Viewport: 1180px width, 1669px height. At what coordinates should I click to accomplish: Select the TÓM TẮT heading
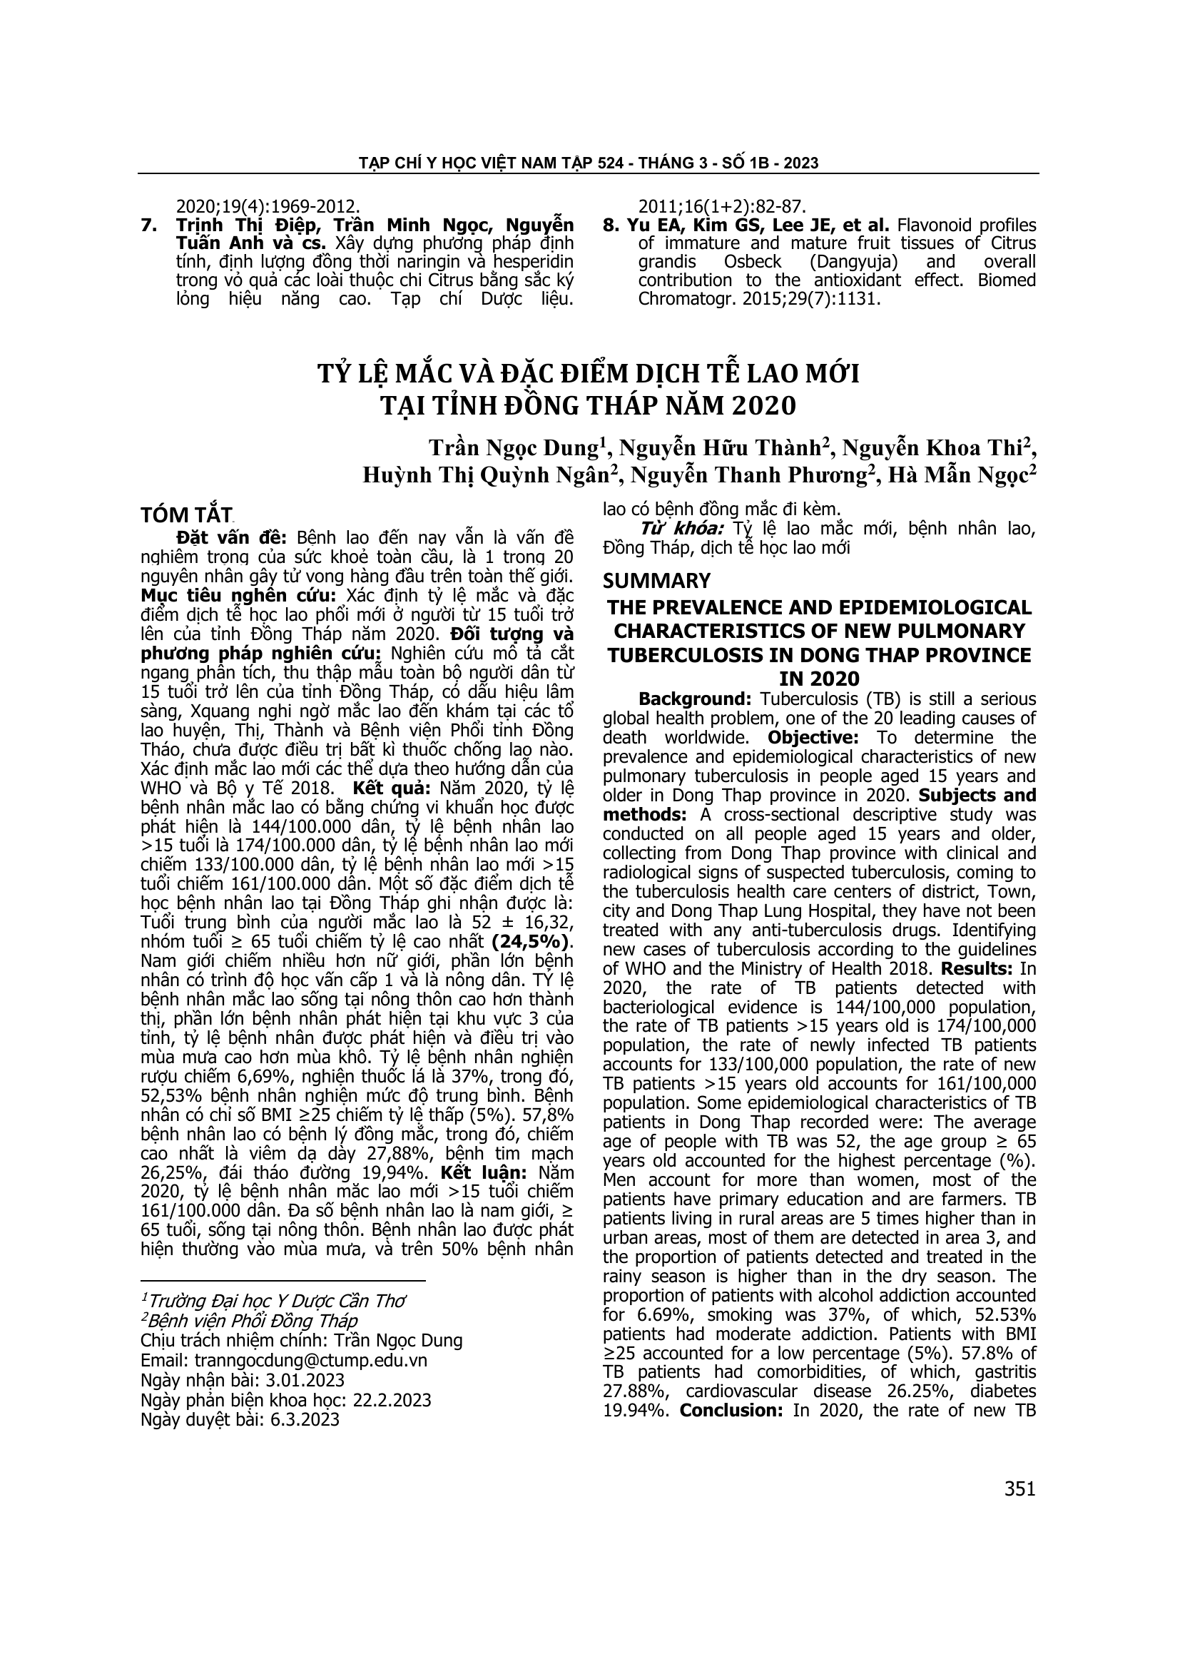[x=185, y=514]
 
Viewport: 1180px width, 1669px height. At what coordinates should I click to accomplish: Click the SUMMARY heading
[x=656, y=581]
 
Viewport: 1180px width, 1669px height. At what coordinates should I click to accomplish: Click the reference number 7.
[x=148, y=225]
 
